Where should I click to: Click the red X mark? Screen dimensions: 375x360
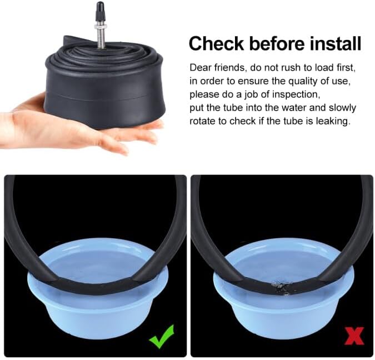pos(354,336)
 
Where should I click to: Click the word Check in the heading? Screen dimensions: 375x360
pos(216,43)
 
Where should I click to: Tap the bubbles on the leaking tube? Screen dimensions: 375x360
pos(282,286)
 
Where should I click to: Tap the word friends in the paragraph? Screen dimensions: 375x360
pos(230,68)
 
